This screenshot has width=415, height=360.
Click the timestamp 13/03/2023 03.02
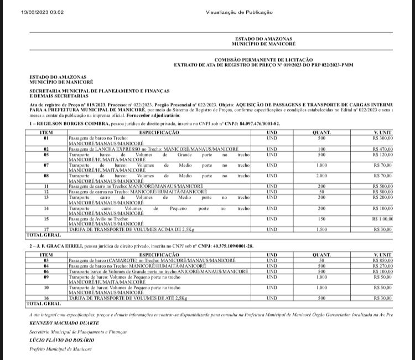pyautogui.click(x=43, y=12)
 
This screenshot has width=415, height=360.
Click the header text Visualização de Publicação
pyautogui.click(x=239, y=12)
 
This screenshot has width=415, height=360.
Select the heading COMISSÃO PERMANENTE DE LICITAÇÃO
pyautogui.click(x=263, y=59)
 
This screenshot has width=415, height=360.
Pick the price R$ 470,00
pyautogui.click(x=382, y=149)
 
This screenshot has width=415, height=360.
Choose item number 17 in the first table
pyautogui.click(x=47, y=229)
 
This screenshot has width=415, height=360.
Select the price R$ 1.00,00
pyautogui.click(x=383, y=219)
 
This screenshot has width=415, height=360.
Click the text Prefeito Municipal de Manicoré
pyautogui.click(x=60, y=349)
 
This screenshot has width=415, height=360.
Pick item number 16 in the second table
pyautogui.click(x=47, y=298)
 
